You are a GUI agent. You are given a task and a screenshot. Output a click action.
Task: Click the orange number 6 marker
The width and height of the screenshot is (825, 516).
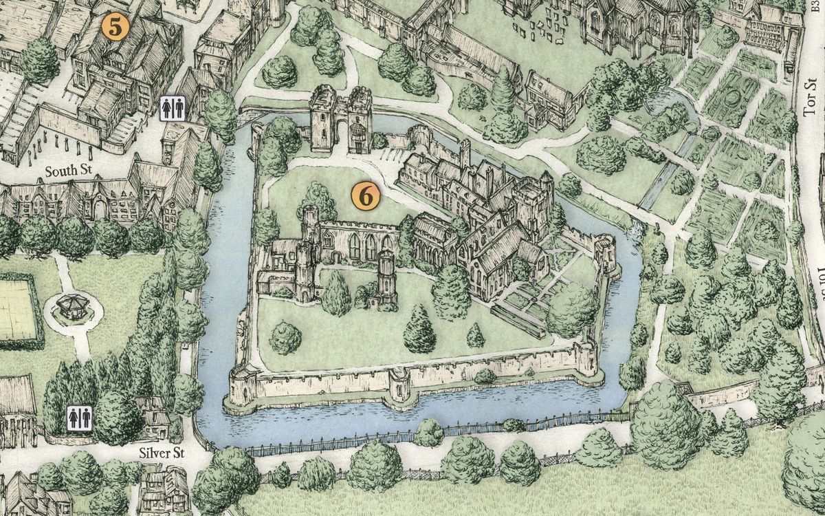coord(366,196)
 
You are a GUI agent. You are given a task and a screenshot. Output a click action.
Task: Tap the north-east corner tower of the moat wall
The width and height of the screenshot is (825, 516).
coord(605,252)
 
